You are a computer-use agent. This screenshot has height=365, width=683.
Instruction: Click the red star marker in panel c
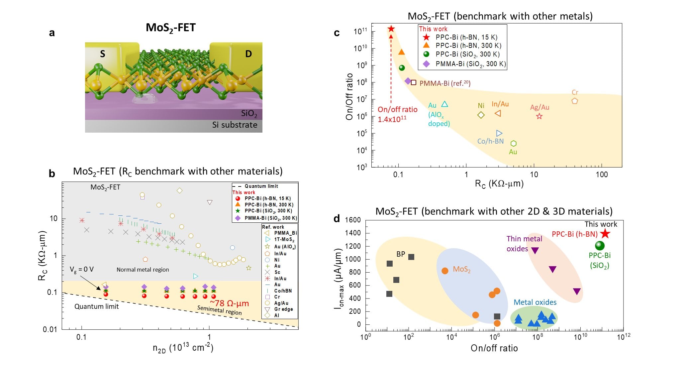point(391,29)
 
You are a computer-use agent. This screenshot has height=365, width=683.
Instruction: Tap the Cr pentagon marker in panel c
point(574,101)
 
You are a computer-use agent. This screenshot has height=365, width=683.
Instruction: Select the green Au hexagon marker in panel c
point(513,143)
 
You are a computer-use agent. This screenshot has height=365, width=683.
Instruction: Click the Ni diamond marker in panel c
point(481,115)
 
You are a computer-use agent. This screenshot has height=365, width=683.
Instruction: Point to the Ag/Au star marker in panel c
point(539,116)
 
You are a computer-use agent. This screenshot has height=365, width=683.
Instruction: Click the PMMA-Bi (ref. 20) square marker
point(413,82)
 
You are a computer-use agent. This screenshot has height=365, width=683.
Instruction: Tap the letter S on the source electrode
point(103,54)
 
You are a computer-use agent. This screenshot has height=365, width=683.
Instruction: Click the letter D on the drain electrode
point(248,54)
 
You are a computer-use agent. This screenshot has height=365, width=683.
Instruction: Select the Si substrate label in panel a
point(235,125)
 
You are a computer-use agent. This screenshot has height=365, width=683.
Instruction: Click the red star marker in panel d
point(605,234)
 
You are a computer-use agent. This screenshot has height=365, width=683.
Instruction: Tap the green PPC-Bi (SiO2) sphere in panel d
point(599,246)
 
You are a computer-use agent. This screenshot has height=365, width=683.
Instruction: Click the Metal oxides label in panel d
point(535,302)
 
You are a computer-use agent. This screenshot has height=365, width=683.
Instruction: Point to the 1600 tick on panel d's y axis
point(352,220)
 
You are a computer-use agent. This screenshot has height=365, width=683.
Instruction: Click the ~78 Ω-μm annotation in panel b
point(229,303)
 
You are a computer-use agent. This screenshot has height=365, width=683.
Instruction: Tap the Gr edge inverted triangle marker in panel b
point(210,202)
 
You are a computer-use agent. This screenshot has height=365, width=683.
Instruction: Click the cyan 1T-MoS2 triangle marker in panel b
point(196,276)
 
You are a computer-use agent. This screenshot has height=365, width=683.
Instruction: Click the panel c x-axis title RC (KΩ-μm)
point(499,184)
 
